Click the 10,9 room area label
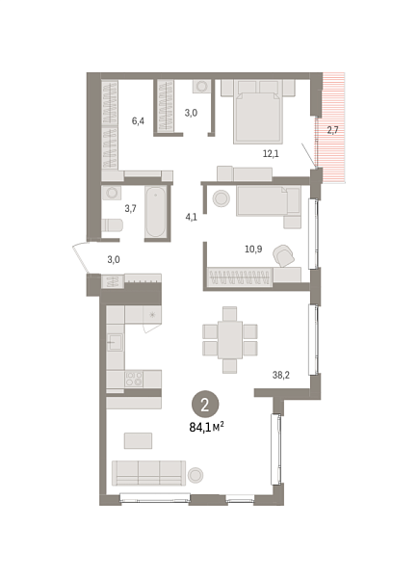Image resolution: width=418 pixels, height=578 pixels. click(x=253, y=249)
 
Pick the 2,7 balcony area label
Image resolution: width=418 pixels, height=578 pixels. click(x=332, y=129)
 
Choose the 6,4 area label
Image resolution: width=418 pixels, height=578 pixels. click(x=139, y=120)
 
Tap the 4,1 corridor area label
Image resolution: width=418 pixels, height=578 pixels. click(x=191, y=216)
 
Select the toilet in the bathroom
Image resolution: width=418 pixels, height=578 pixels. click(x=113, y=225)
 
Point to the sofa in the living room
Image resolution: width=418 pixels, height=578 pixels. click(x=149, y=472)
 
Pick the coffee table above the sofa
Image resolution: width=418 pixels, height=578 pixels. click(x=139, y=440)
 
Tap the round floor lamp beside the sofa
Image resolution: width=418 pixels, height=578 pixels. click(x=196, y=474)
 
